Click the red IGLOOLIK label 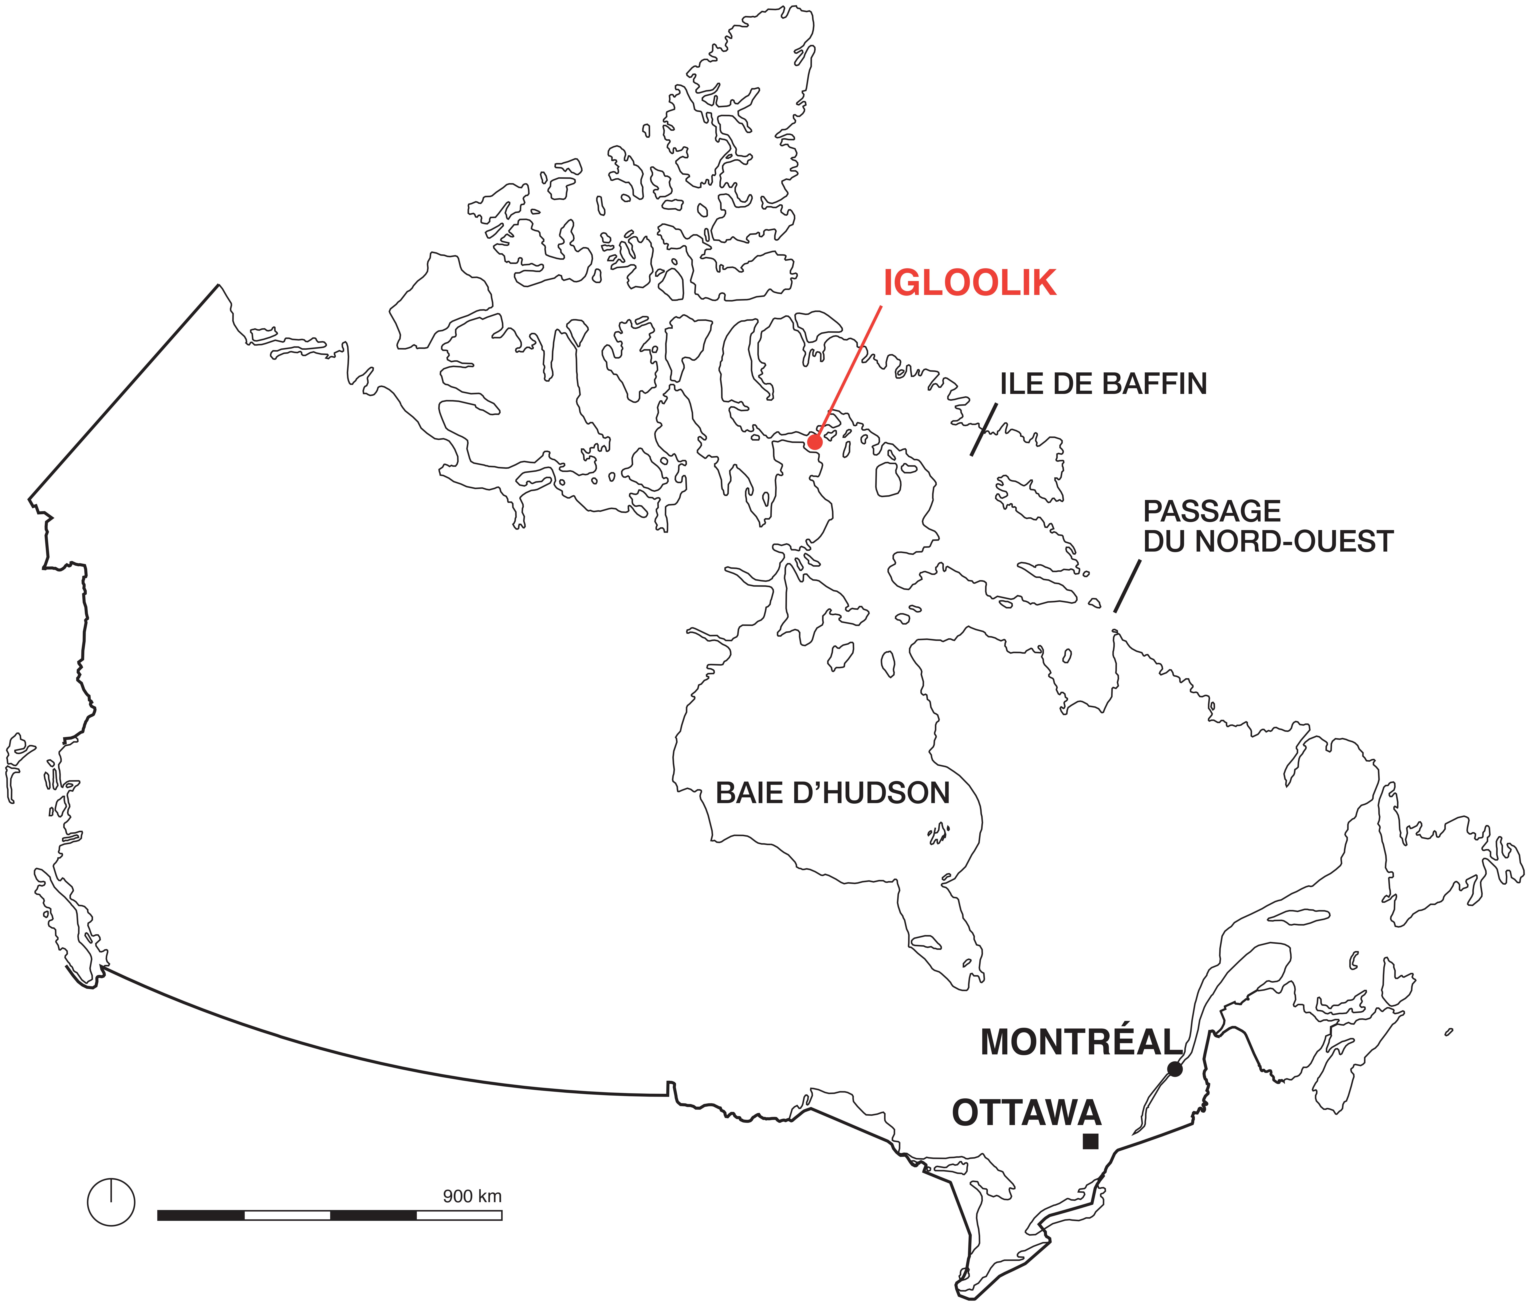(x=970, y=284)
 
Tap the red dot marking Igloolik (x=814, y=442)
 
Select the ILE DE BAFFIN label (x=1103, y=384)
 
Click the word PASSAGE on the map (x=1212, y=511)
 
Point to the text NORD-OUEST (x=1294, y=541)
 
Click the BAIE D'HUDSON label (x=832, y=793)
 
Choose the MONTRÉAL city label (x=1081, y=1042)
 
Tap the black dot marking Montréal (x=1174, y=1069)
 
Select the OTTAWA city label (x=1026, y=1113)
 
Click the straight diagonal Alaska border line (x=123, y=391)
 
